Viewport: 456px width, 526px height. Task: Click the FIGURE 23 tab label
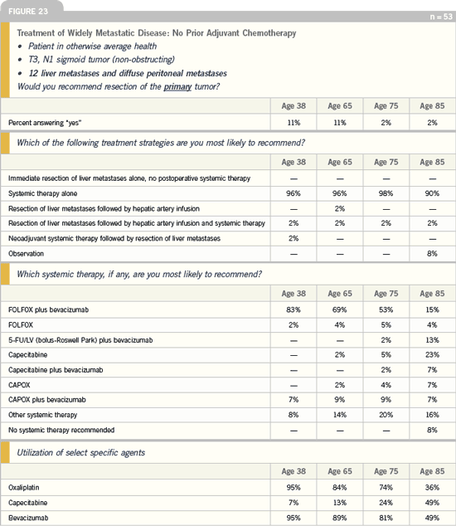coord(28,12)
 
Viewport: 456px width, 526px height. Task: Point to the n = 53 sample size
coord(441,17)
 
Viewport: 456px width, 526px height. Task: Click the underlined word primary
coord(177,87)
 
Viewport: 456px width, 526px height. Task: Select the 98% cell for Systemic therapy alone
coord(386,193)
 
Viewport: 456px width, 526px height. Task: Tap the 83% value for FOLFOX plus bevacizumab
coord(293,309)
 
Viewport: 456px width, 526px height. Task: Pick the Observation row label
coord(27,254)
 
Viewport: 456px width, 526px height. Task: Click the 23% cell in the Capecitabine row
coord(432,354)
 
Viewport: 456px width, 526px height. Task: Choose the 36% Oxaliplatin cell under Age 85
coord(432,488)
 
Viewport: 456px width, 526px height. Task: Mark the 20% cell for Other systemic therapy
coord(386,415)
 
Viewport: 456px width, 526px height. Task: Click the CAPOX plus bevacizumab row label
coord(47,400)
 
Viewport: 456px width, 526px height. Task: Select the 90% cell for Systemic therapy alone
coord(432,193)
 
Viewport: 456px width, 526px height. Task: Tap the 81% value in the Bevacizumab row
coord(386,518)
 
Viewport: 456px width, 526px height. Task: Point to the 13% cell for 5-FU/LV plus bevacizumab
coord(432,340)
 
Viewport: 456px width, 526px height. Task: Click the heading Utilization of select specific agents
coord(80,453)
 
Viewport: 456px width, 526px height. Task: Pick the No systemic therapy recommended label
coord(61,430)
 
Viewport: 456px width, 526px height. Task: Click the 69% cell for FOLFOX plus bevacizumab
coord(340,309)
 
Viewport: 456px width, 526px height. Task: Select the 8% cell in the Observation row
coord(432,254)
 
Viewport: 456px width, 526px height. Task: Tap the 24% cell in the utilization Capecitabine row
coord(386,503)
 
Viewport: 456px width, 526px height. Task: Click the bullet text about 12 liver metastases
coord(128,74)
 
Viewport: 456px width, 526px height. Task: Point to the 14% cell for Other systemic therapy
coord(340,415)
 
